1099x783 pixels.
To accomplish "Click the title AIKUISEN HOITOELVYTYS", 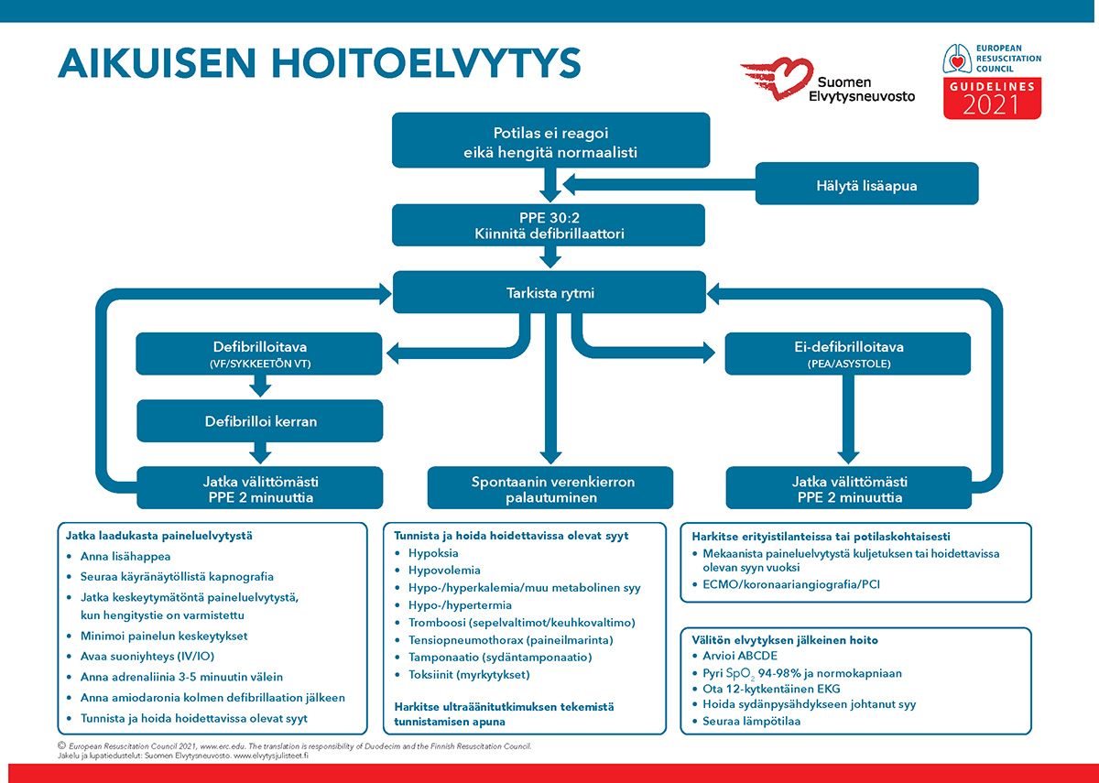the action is click(x=320, y=63).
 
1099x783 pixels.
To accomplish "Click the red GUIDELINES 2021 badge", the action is click(x=992, y=98).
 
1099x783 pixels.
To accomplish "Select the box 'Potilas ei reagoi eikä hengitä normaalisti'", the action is click(x=550, y=140).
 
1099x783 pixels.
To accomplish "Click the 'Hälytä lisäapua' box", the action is click(x=866, y=183).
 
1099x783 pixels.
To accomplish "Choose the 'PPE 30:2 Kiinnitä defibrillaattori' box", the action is click(x=549, y=225).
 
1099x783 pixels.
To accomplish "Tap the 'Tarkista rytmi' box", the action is click(x=549, y=292).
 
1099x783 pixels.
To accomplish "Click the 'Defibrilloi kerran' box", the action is click(x=260, y=421).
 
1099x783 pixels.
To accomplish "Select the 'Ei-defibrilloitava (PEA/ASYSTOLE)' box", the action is click(x=848, y=353).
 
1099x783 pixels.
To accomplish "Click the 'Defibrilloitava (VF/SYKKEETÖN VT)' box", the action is click(x=259, y=353).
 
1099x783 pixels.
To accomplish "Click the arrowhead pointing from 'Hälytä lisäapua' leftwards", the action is click(x=569, y=185).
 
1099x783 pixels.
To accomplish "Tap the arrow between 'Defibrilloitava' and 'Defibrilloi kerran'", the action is click(x=260, y=386).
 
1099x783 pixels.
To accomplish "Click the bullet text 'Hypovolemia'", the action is click(x=444, y=570).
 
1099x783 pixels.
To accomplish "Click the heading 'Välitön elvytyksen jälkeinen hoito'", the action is click(x=785, y=640).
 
